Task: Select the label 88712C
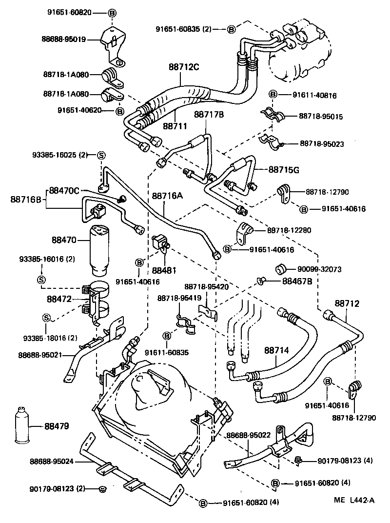click(x=184, y=67)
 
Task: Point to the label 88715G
click(x=283, y=169)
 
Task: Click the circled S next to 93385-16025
click(x=101, y=155)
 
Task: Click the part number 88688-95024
click(x=52, y=461)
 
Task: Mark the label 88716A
click(x=167, y=196)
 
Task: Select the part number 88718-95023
click(x=322, y=144)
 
